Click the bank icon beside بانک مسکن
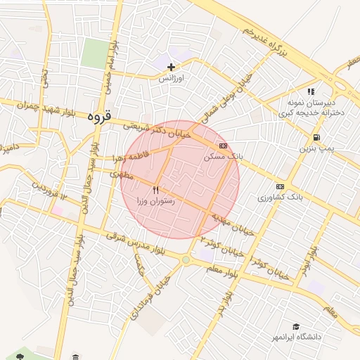pos(223,146)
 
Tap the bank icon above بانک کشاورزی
pos(281,186)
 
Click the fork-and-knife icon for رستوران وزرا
pos(156,190)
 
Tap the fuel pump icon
pos(316,137)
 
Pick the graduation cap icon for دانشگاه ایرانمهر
pos(297,326)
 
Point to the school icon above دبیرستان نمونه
pos(311,91)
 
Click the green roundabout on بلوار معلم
pos(185,260)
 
